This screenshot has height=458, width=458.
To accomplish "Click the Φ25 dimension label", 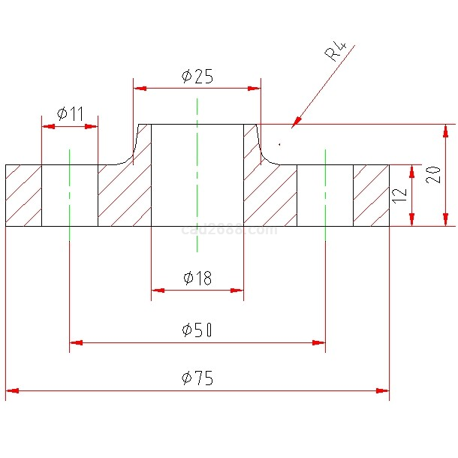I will [x=197, y=76].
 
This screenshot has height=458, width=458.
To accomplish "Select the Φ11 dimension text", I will [x=70, y=114].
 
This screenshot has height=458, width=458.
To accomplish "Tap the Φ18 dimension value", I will [x=197, y=279].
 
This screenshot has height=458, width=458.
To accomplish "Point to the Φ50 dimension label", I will [x=197, y=330].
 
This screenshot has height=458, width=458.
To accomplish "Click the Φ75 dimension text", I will [x=197, y=378].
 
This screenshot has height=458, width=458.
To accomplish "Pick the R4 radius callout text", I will [x=336, y=52].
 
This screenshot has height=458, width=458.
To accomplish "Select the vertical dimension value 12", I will [x=399, y=194].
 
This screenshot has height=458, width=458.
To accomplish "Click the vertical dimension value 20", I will [x=433, y=175].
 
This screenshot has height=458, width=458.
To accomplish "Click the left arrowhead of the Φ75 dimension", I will [x=11, y=390].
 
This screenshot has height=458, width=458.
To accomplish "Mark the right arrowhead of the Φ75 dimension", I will [x=384, y=390].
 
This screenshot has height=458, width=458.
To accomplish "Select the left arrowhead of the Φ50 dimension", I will [x=74, y=342].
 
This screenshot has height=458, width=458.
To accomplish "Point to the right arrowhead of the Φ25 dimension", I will [x=255, y=89].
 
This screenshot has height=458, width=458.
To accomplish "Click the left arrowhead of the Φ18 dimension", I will [x=156, y=290].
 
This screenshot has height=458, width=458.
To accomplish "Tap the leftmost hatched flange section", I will [x=23, y=195].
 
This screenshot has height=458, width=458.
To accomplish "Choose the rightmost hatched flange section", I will [x=371, y=195].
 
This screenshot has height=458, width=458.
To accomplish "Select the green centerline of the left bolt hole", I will [x=69, y=195].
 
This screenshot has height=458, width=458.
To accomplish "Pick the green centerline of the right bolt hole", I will [x=325, y=195].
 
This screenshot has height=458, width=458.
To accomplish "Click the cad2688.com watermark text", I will [x=229, y=230].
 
